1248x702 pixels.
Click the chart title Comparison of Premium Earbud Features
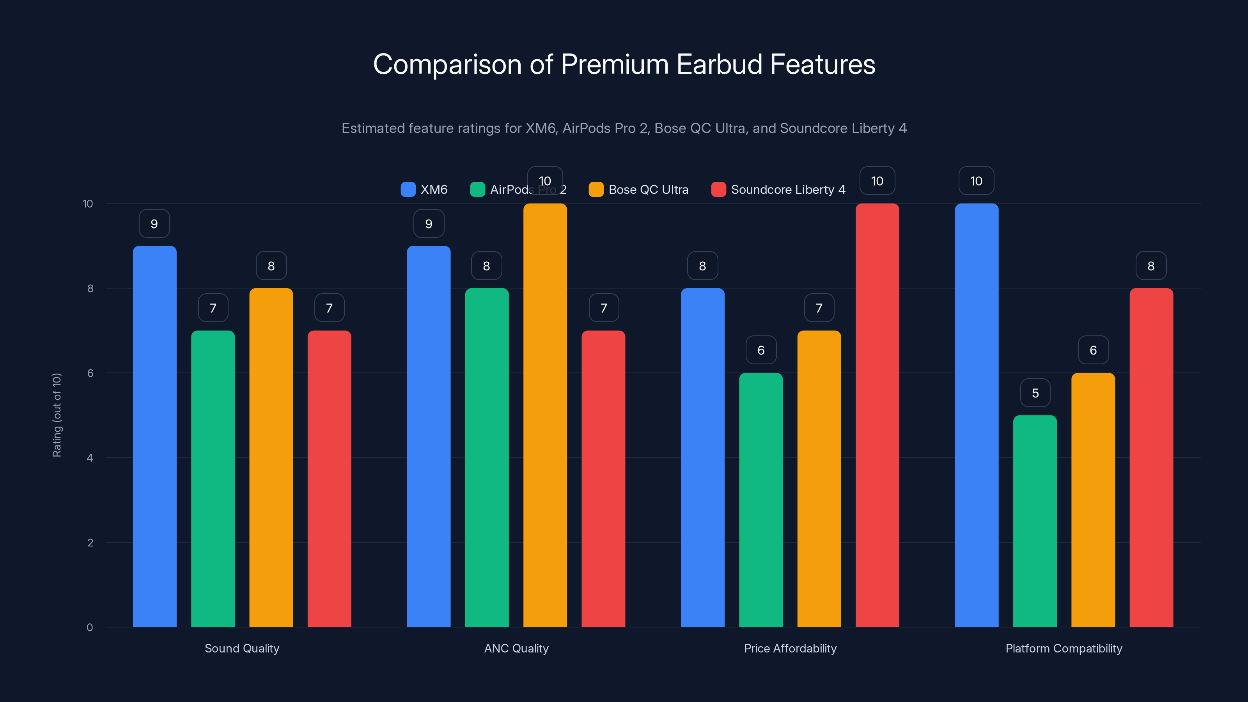pos(624,64)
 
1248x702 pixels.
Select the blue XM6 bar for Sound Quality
pos(154,436)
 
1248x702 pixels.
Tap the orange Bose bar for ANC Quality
pos(545,417)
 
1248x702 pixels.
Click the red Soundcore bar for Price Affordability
pos(877,417)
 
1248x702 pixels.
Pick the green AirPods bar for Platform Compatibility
pos(1035,521)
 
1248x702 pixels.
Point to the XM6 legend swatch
pos(408,190)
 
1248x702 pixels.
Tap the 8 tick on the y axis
pos(90,288)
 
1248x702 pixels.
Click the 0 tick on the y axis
pos(90,628)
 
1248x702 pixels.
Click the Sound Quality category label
pos(242,648)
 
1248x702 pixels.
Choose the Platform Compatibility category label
pos(1064,648)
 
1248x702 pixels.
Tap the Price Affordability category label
pos(790,648)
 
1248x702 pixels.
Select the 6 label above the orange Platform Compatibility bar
pos(1093,350)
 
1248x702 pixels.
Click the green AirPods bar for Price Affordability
pos(760,499)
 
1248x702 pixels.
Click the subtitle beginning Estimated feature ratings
pos(624,128)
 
